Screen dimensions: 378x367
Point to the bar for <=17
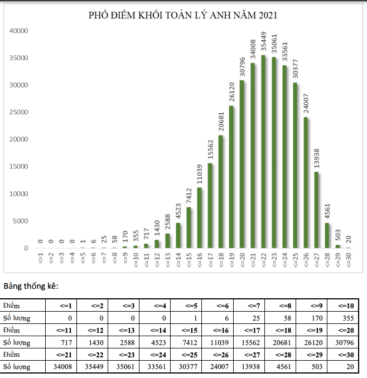(x=210, y=206)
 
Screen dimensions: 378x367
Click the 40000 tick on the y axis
(x=18, y=31)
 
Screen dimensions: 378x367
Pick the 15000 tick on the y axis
(x=18, y=167)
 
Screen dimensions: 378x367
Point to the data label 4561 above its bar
(x=327, y=213)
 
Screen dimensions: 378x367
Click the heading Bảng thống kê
(x=31, y=287)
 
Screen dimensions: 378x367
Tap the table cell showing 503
(x=312, y=366)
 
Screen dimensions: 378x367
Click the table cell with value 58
(x=281, y=318)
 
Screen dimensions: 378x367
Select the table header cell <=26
(x=218, y=354)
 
